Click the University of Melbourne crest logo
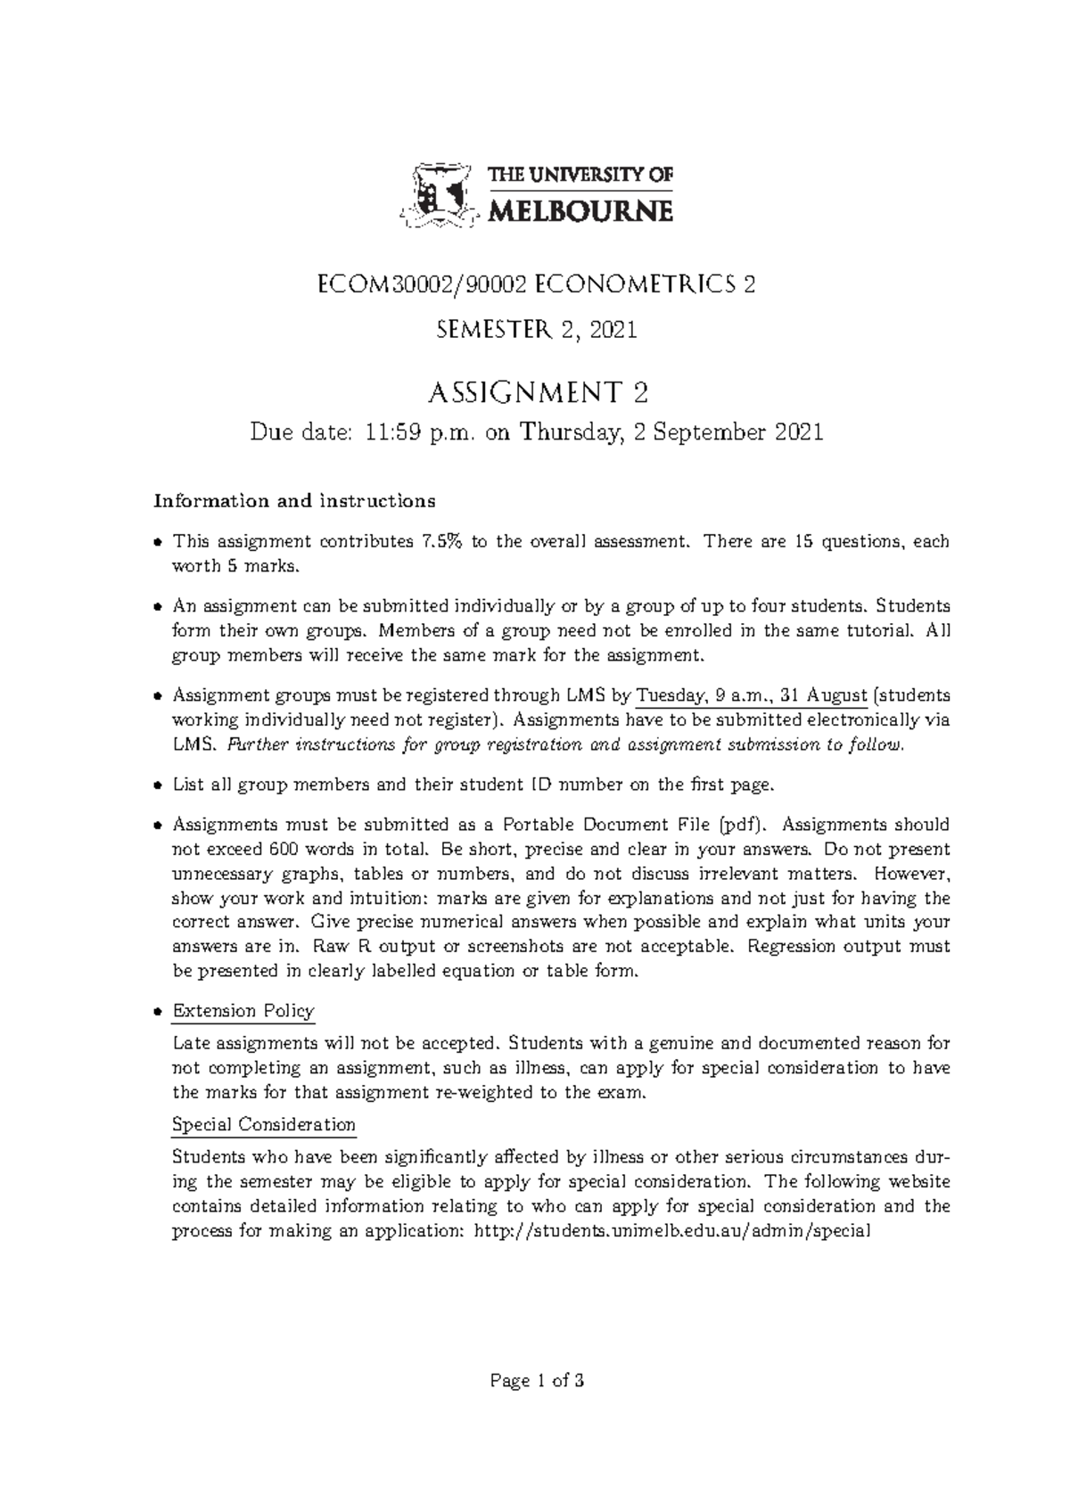438,196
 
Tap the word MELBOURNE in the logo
581,210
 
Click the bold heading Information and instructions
295,500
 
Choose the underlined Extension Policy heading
243,1011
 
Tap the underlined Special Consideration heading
263,1124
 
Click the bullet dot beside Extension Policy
158,1012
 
